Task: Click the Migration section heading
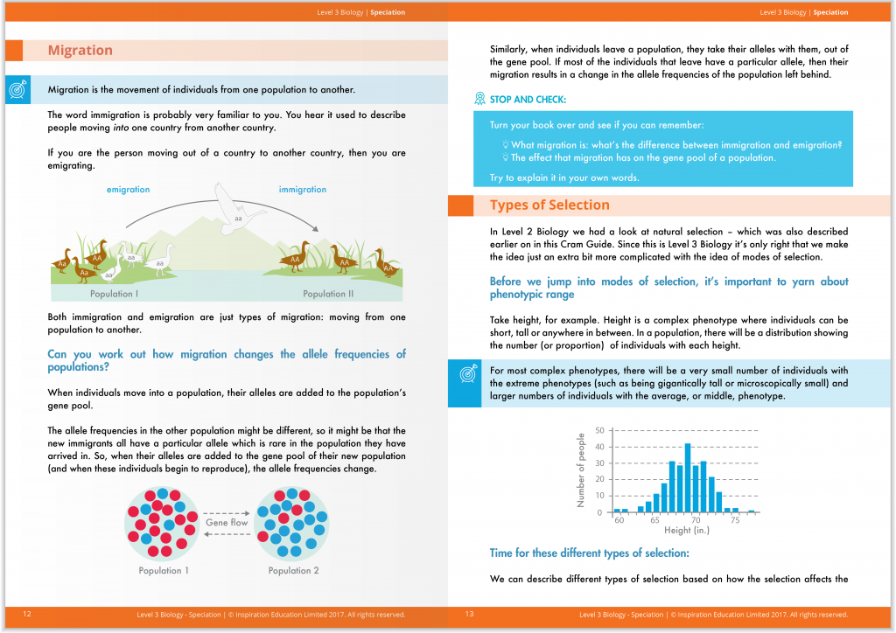click(x=80, y=51)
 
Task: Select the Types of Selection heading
click(x=549, y=205)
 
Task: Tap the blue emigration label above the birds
click(x=128, y=190)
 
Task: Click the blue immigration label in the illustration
click(x=302, y=190)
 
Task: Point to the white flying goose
click(x=236, y=210)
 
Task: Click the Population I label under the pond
click(x=114, y=295)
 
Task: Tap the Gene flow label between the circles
click(x=227, y=523)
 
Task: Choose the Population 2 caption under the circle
click(x=293, y=571)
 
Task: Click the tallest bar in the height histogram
click(x=688, y=477)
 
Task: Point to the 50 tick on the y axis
click(x=599, y=430)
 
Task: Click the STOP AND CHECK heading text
click(x=528, y=100)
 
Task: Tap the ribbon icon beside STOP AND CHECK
click(x=479, y=99)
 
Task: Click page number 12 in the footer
click(x=27, y=615)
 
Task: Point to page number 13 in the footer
click(x=470, y=615)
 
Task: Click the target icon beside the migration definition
click(x=17, y=89)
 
